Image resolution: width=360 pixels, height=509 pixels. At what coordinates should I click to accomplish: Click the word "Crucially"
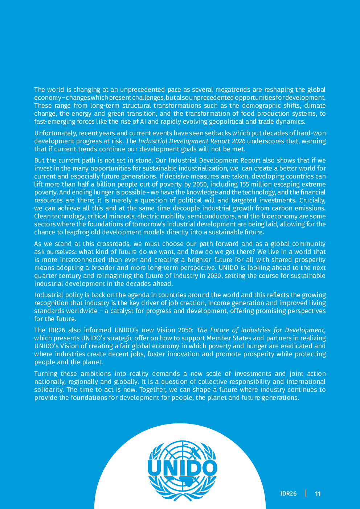click(312, 200)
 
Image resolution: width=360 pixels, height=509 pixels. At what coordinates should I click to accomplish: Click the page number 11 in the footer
click(318, 494)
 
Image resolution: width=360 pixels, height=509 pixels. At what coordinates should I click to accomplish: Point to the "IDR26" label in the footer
click(289, 494)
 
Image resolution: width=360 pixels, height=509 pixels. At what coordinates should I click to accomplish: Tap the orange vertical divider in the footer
click(306, 493)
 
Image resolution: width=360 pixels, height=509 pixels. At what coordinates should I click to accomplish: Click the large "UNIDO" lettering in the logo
click(183, 468)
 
